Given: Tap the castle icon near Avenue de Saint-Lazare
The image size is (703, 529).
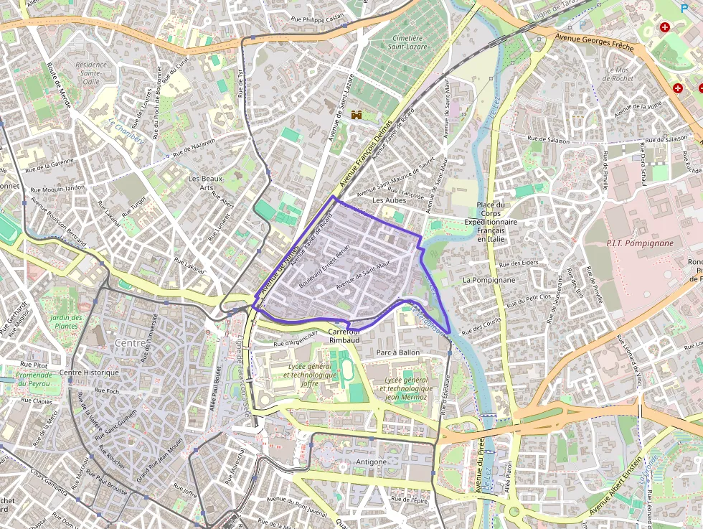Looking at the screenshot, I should point(357,113).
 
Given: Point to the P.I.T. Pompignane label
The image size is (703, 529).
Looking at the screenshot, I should point(640,243).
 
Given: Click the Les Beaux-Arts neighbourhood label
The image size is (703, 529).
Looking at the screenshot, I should point(206,183).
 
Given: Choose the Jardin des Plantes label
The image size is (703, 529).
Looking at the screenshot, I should point(67,322).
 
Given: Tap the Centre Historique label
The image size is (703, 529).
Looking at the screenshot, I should point(89,373).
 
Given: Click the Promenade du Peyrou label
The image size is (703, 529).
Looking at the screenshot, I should point(34,380).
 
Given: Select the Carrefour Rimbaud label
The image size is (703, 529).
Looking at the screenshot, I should point(344,335).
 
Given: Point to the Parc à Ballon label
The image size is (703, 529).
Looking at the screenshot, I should point(397,352).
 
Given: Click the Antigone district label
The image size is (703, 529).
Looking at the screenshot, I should point(372,462).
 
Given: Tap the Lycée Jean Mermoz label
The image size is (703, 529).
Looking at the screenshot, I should point(408,388).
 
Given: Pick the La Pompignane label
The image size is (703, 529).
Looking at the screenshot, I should point(489,279).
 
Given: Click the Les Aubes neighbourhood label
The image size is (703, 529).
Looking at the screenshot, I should point(390,200).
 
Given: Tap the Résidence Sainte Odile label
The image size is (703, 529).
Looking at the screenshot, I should point(91,72).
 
